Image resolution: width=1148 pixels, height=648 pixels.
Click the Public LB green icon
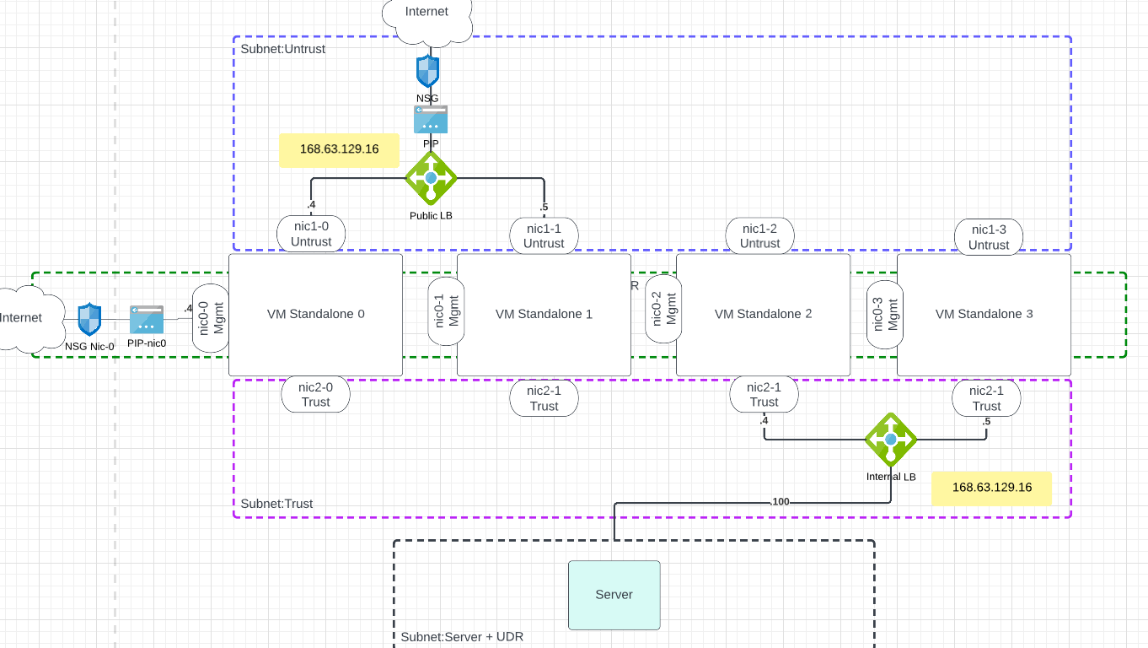pyautogui.click(x=431, y=179)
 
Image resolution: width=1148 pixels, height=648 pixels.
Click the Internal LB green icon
pyautogui.click(x=891, y=440)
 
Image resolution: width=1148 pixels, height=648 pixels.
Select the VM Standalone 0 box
pyautogui.click(x=315, y=315)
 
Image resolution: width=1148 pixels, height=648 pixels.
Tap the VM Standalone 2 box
pyautogui.click(x=763, y=315)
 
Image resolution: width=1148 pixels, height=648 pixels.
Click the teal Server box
pyautogui.click(x=614, y=595)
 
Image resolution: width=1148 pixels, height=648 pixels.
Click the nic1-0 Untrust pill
pyautogui.click(x=311, y=234)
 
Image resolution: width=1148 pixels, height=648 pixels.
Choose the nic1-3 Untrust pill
pyautogui.click(x=989, y=236)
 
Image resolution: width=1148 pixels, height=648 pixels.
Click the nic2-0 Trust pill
pyautogui.click(x=315, y=394)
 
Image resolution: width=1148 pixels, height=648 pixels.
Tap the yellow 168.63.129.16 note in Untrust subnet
pyautogui.click(x=339, y=149)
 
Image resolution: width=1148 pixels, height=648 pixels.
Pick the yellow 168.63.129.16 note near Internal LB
pyautogui.click(x=991, y=488)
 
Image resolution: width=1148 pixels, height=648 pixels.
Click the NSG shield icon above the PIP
pyautogui.click(x=428, y=72)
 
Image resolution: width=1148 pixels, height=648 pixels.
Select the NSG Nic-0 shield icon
pyautogui.click(x=89, y=321)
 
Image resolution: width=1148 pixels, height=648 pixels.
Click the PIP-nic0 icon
pyautogui.click(x=147, y=321)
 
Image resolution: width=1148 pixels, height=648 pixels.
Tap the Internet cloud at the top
pyautogui.click(x=426, y=17)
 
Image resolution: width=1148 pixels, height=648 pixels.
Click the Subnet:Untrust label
pyautogui.click(x=283, y=49)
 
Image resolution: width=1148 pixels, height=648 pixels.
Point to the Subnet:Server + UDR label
pyautogui.click(x=462, y=636)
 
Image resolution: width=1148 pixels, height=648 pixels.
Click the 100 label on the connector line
pyautogui.click(x=781, y=502)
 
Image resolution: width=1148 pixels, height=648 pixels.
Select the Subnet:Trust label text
pyautogui.click(x=276, y=504)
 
